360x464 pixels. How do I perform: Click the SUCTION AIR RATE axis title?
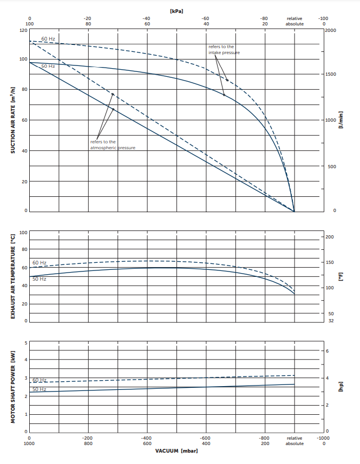point(12,120)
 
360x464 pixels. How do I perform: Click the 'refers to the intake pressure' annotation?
point(224,50)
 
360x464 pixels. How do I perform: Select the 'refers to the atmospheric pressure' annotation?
point(112,144)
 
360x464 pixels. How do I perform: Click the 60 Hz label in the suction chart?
point(48,39)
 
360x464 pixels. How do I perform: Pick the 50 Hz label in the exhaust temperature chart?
point(39,279)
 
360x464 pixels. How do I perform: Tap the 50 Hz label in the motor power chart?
point(39,389)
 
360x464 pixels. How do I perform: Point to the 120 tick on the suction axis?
point(23,30)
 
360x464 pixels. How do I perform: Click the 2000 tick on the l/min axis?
point(331,30)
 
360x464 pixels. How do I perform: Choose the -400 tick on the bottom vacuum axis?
point(146,438)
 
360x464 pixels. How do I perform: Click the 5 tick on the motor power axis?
point(25,343)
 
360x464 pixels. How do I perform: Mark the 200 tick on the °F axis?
point(330,237)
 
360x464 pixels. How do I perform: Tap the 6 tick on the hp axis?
point(326,352)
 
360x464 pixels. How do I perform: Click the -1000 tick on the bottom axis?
point(323,438)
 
